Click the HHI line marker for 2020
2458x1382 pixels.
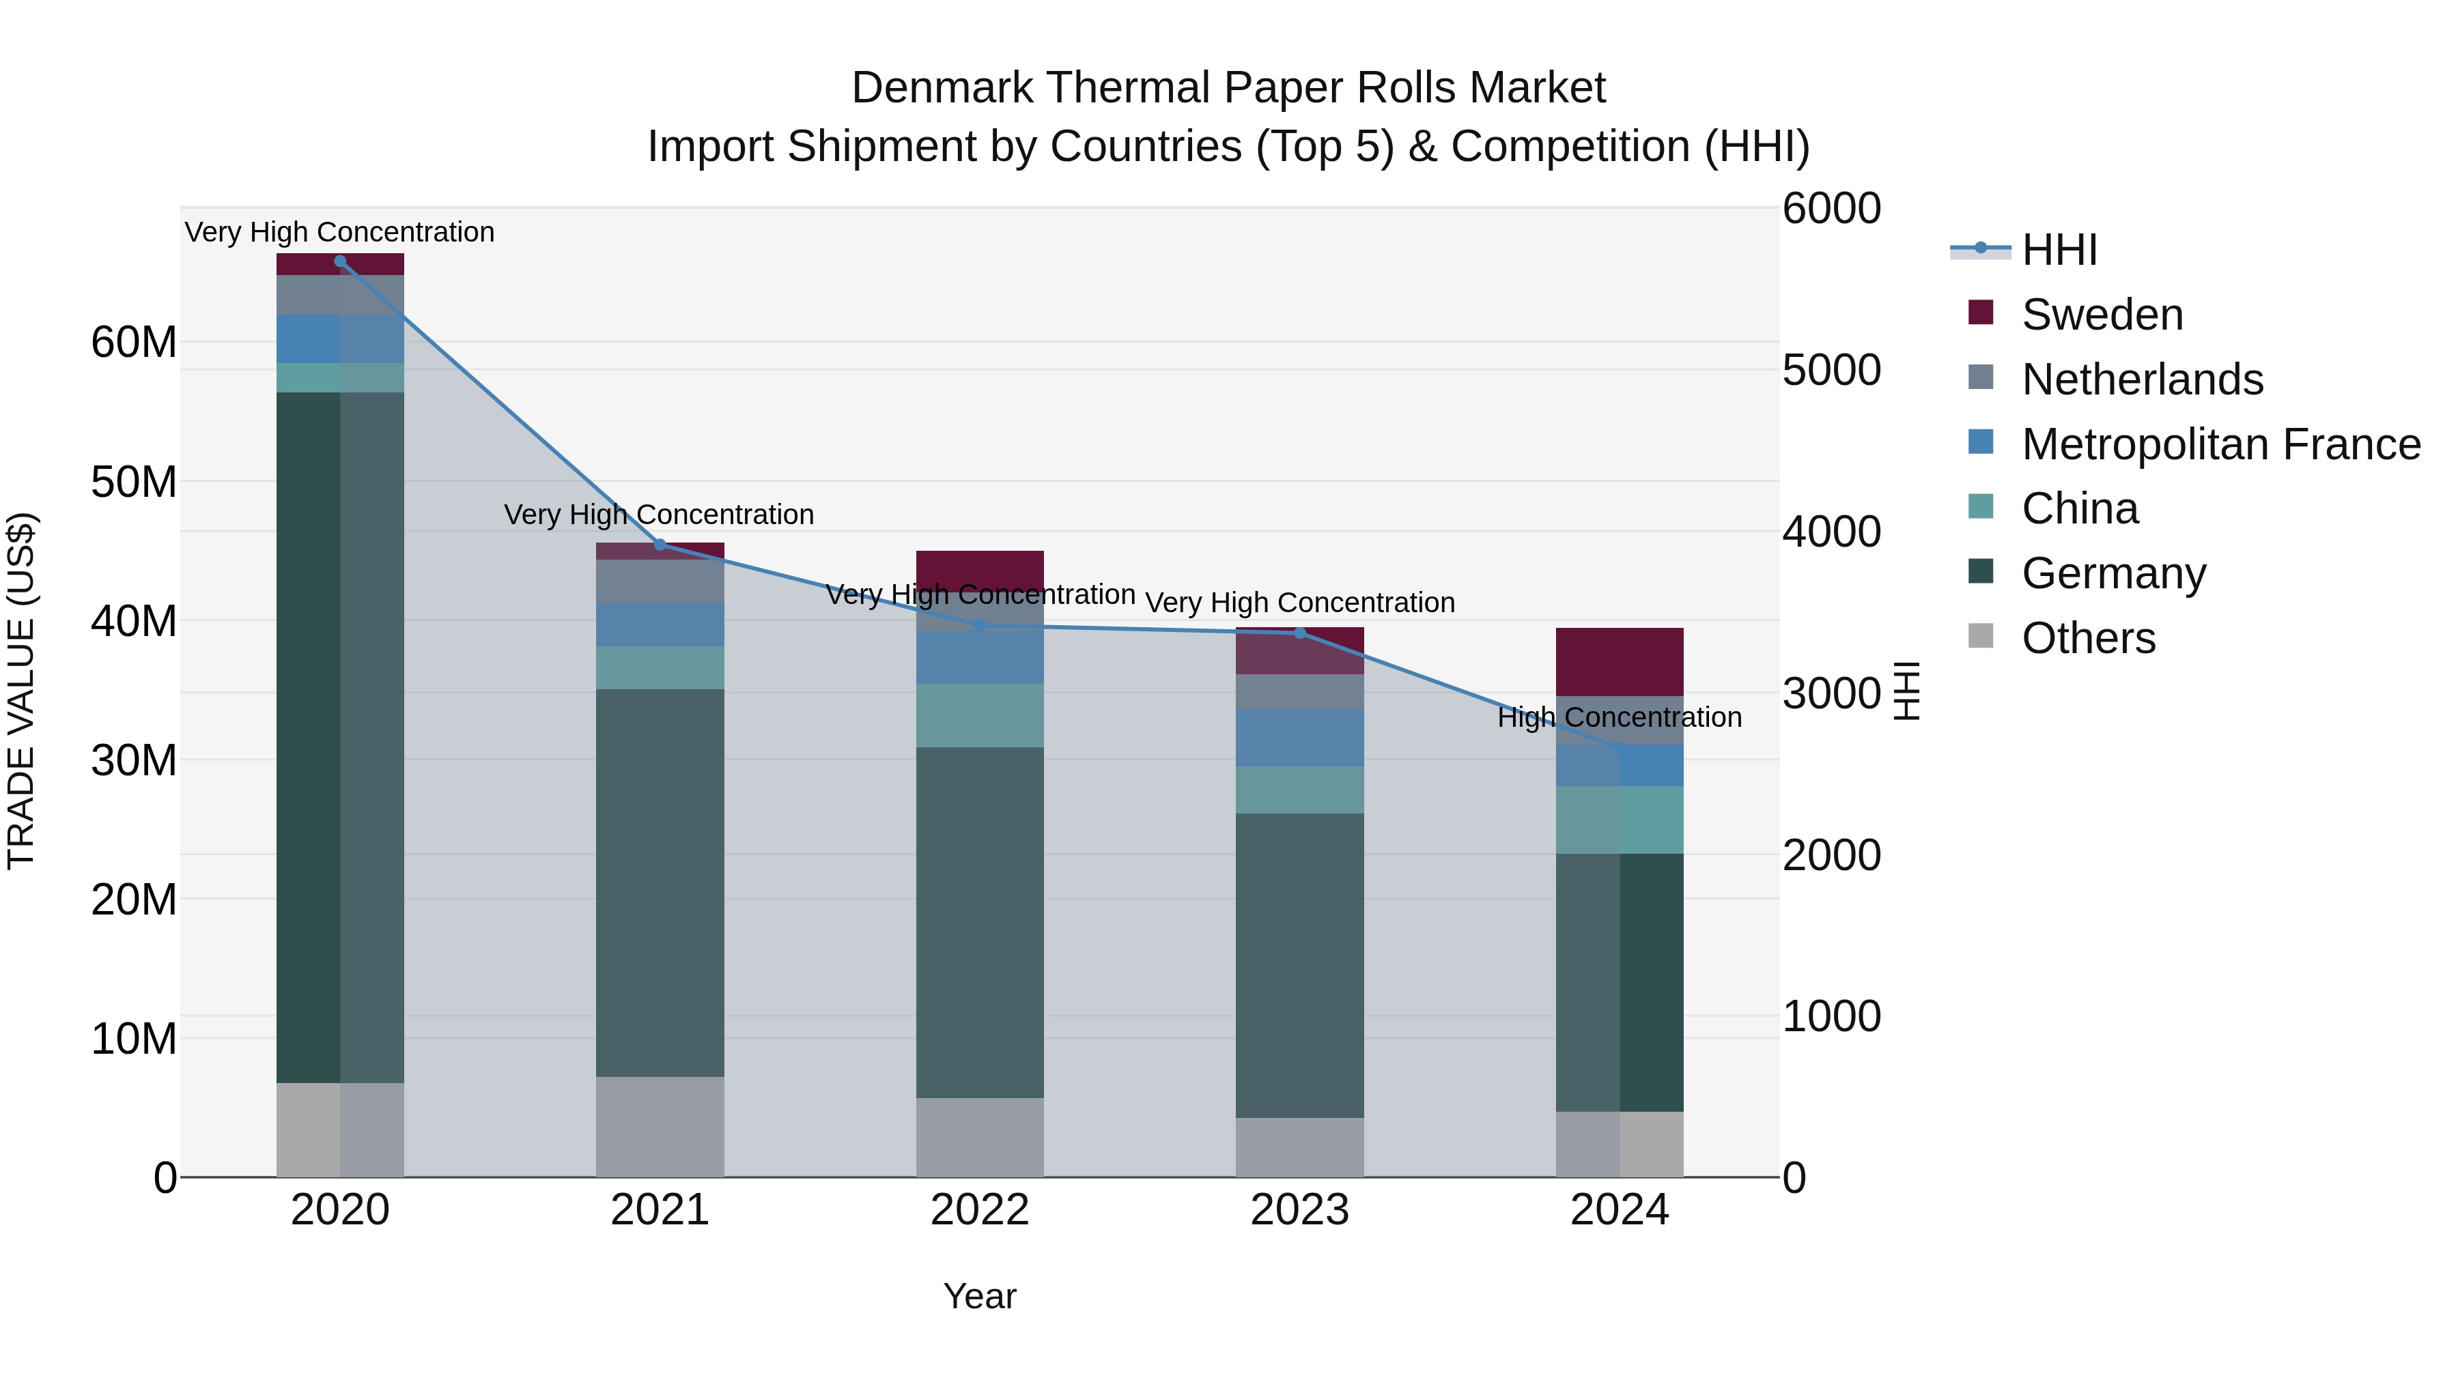pos(340,261)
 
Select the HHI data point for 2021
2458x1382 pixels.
pos(660,545)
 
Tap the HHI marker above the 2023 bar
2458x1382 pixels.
pos(1299,633)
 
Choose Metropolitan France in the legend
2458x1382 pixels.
pos(2220,444)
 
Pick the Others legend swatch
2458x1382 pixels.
pos(1981,636)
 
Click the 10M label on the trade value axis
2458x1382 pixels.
pos(134,1039)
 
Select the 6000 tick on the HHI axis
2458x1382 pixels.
pos(1831,209)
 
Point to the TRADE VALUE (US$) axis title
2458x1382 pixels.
pos(22,691)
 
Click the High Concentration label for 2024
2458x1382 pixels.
pos(1620,717)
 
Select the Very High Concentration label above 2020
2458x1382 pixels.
pos(340,233)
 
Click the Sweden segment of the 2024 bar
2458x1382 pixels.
pos(1620,662)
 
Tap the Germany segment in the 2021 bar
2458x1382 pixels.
pos(660,882)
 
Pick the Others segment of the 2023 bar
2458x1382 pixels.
pos(1299,1147)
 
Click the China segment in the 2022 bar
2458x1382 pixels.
pos(980,715)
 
